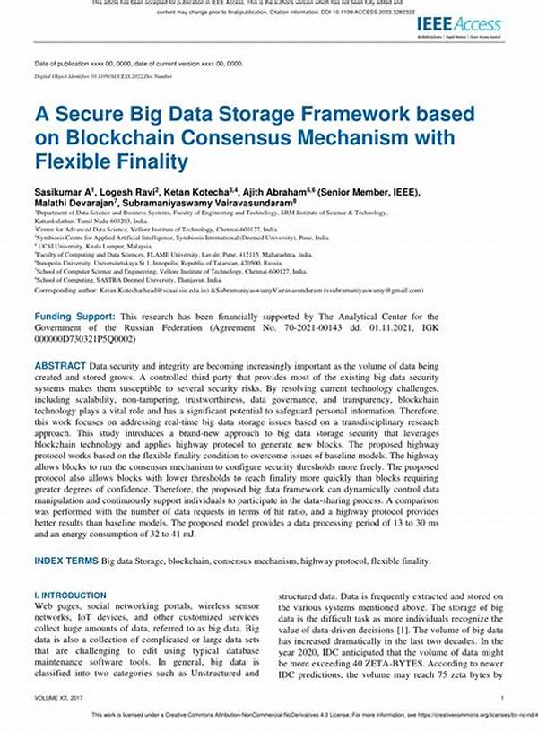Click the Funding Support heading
74,318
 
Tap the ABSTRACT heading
60,366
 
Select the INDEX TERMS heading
66,560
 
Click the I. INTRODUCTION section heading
70,595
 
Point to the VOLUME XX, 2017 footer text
57,698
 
